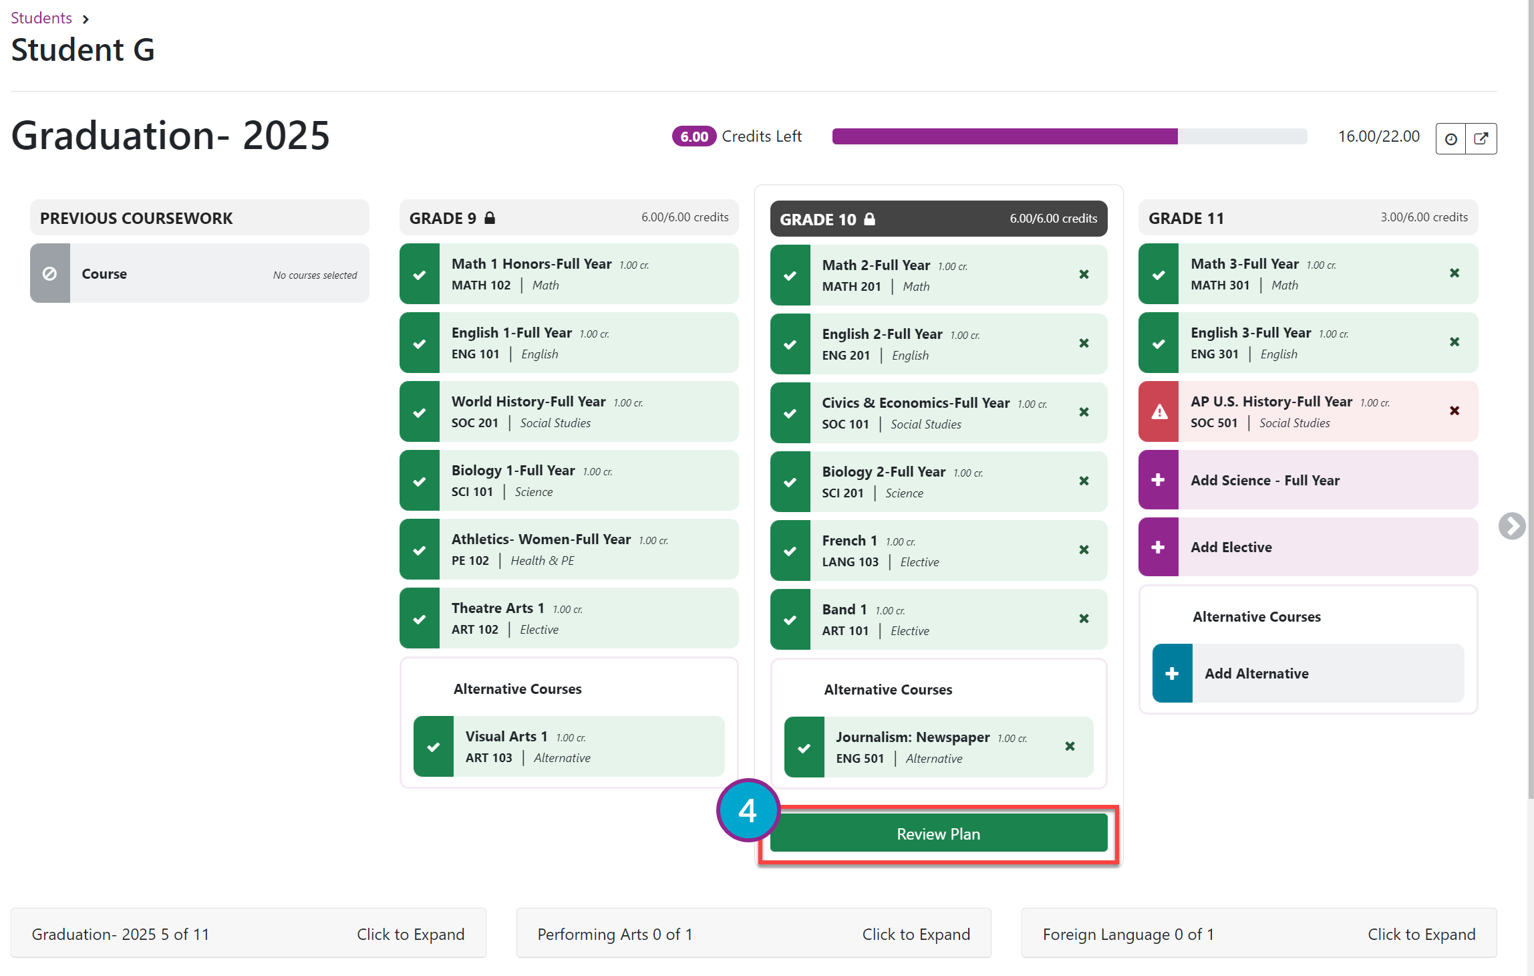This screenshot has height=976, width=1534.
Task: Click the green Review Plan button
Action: [938, 834]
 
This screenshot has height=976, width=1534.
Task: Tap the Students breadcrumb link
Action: [41, 18]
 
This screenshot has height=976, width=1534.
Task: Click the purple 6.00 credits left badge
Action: [694, 136]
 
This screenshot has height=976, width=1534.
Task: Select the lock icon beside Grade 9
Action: [490, 218]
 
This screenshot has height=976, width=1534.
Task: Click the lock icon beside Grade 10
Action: [869, 219]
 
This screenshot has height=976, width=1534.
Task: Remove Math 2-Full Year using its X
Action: [1084, 275]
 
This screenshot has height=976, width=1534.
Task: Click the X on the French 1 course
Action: [1084, 550]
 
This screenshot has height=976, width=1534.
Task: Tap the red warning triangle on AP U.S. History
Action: [1159, 412]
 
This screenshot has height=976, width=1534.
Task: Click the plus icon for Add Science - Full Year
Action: [1158, 480]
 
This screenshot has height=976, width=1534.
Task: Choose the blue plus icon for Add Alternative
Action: [1172, 673]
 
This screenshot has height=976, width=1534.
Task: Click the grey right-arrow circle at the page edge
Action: [1511, 525]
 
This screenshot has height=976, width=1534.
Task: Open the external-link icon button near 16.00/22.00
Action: [1481, 138]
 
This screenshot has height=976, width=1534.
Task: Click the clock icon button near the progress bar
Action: [1451, 138]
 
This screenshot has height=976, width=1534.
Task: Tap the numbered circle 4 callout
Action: [748, 810]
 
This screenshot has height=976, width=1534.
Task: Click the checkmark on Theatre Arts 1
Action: [420, 619]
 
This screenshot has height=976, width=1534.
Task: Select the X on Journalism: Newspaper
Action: [1070, 746]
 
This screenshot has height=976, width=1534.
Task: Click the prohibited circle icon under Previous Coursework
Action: [49, 273]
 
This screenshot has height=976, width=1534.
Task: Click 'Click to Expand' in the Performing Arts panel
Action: [916, 934]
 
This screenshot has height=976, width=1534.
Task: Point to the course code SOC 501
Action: [1214, 423]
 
